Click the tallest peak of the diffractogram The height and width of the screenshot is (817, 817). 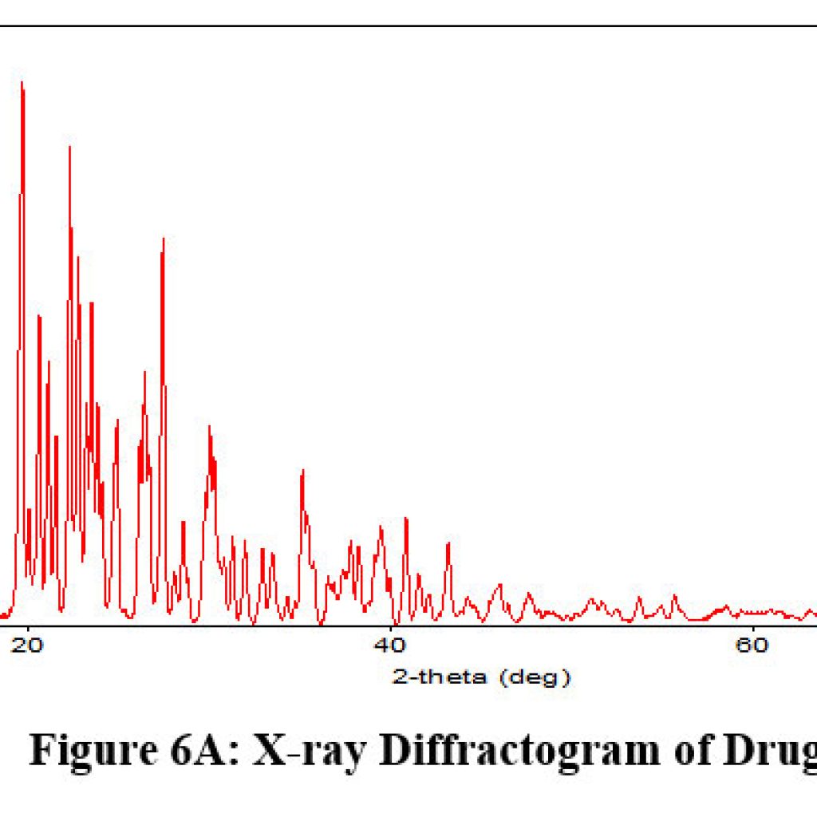(x=22, y=82)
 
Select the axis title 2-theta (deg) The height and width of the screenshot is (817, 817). (x=482, y=678)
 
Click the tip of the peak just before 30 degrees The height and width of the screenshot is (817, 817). (x=163, y=239)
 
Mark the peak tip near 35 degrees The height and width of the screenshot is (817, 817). (x=302, y=470)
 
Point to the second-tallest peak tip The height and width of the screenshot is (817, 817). (x=69, y=147)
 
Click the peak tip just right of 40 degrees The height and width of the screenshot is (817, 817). (x=406, y=519)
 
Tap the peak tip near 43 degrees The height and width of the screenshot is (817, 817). (x=448, y=543)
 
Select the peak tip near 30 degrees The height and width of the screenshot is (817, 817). (x=209, y=426)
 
